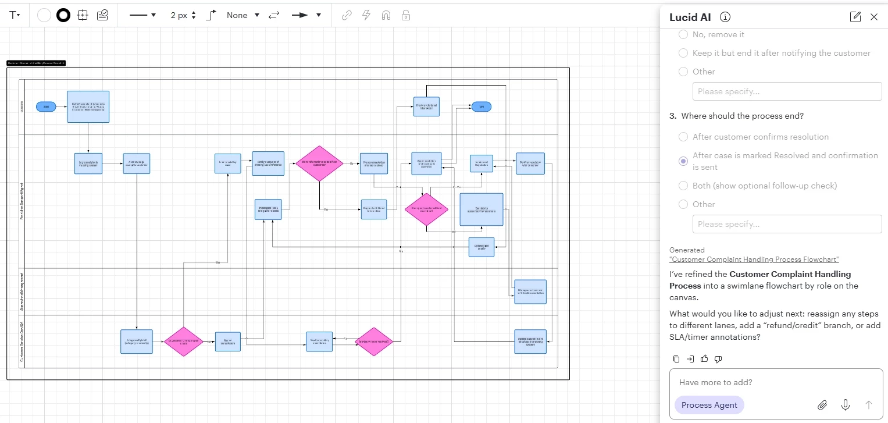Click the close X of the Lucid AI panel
click(873, 17)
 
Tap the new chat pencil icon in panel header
click(855, 17)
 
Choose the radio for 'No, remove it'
click(683, 34)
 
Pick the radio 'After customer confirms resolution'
click(683, 137)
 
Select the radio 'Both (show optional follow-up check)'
click(683, 186)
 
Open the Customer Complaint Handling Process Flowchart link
click(754, 260)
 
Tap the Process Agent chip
click(709, 405)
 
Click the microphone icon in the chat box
click(846, 405)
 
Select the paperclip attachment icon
click(822, 405)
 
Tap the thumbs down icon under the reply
click(718, 358)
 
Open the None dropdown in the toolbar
click(243, 15)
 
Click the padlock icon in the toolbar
click(406, 15)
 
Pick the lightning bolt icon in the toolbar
click(366, 15)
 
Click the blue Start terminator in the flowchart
click(46, 106)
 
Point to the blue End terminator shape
click(481, 106)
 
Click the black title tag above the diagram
click(36, 63)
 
